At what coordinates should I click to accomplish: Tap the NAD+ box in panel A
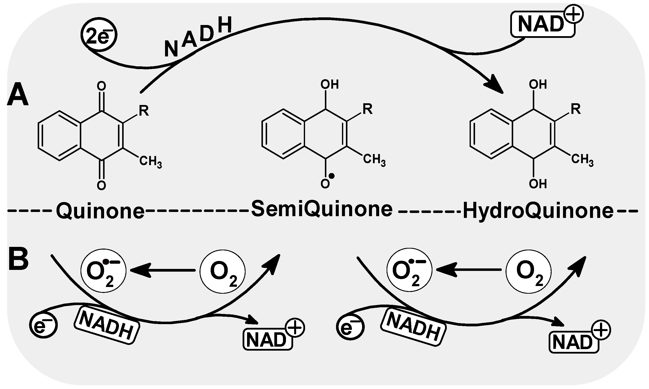[x=543, y=24]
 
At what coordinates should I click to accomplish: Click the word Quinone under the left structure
[x=100, y=211]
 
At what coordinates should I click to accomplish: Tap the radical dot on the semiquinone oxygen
[x=332, y=176]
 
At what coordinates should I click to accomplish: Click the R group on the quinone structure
[x=144, y=111]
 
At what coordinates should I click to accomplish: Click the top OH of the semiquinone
[x=330, y=85]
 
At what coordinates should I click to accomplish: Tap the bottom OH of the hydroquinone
[x=538, y=184]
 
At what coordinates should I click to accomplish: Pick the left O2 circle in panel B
[x=223, y=272]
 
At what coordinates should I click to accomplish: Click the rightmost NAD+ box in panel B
[x=574, y=342]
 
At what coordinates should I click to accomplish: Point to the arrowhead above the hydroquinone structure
[x=494, y=85]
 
